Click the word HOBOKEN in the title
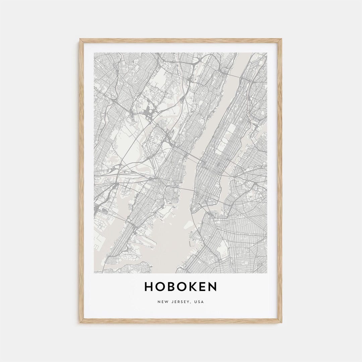point(181,287)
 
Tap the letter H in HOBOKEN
point(148,287)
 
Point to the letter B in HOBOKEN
point(170,287)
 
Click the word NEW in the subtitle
point(162,302)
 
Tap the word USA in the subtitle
point(199,302)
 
